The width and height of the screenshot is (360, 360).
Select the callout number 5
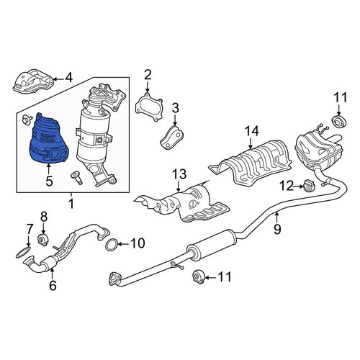tap(49, 181)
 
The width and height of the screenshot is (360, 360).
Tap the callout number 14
tap(252, 132)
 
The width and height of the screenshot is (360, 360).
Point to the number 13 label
tap(180, 174)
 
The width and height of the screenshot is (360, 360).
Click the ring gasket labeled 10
tap(112, 245)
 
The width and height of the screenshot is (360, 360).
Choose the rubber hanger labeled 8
tap(43, 240)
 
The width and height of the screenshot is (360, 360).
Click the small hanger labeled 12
tap(310, 186)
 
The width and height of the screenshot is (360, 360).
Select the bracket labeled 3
tap(171, 138)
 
